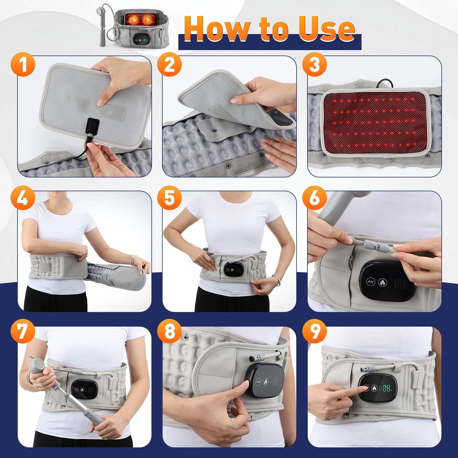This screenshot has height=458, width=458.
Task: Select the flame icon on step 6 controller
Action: pos(382,283)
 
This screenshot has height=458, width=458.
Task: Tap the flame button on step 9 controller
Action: pos(374,388)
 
